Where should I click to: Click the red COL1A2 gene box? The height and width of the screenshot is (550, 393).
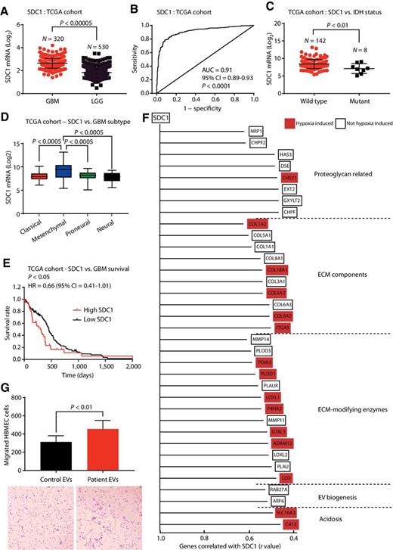[258, 223]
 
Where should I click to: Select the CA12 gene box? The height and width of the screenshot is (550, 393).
[289, 524]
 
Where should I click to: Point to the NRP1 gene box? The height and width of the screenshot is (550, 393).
[258, 131]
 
